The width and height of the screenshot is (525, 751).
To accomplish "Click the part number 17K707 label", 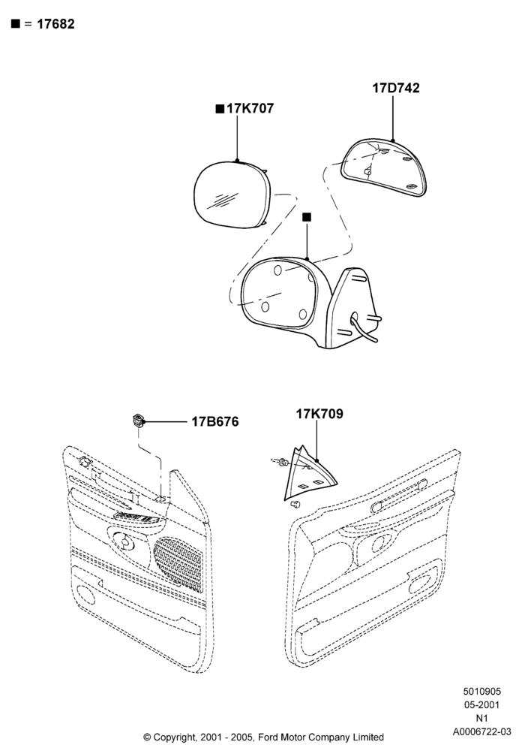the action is coord(250,109).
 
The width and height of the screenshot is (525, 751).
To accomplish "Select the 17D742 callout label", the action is coord(396,88).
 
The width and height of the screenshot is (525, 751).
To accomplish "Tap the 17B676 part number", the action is coord(215,421).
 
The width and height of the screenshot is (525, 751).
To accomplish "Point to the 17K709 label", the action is coord(319,414).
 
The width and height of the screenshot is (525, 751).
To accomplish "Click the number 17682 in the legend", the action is coord(55,24).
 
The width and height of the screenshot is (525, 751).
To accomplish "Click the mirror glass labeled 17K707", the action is coord(232,194).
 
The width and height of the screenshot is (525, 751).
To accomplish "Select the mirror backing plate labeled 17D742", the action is coord(384,167).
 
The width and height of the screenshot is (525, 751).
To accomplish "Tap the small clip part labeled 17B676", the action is coord(138,421).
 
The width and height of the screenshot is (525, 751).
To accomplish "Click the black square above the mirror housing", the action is coord(307,217).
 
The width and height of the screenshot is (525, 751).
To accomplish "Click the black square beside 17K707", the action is coord(220,109).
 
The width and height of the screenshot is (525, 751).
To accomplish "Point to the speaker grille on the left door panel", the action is coord(178,562).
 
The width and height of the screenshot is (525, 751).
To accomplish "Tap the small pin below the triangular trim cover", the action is coord(296,503).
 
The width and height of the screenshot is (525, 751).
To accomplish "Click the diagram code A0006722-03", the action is coord(482,731).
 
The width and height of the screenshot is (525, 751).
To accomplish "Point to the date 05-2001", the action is coord(482,704).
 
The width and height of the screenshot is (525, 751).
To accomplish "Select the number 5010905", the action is coord(482,691).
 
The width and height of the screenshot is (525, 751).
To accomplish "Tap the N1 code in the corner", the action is coord(482,718).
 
